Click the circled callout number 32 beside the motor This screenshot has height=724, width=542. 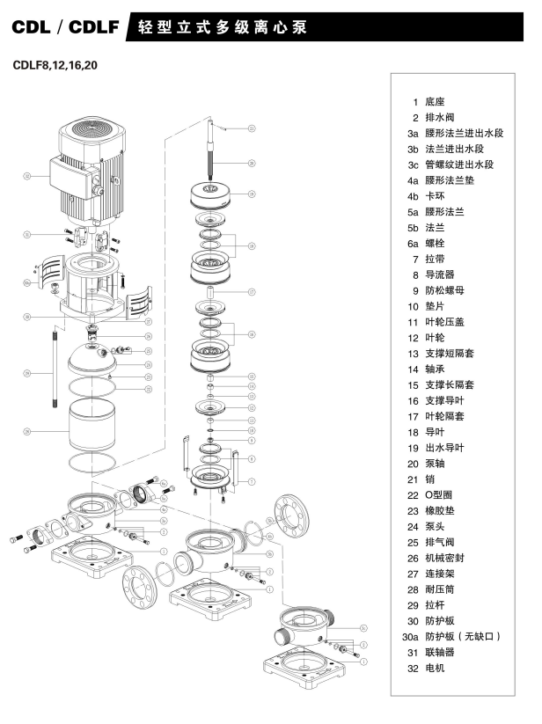click(27, 175)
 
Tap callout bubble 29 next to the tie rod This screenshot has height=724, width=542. click(27, 372)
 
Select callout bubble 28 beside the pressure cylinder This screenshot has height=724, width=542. click(27, 432)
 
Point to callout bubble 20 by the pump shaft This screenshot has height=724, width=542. click(252, 164)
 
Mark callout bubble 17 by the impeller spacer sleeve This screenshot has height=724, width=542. click(251, 291)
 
